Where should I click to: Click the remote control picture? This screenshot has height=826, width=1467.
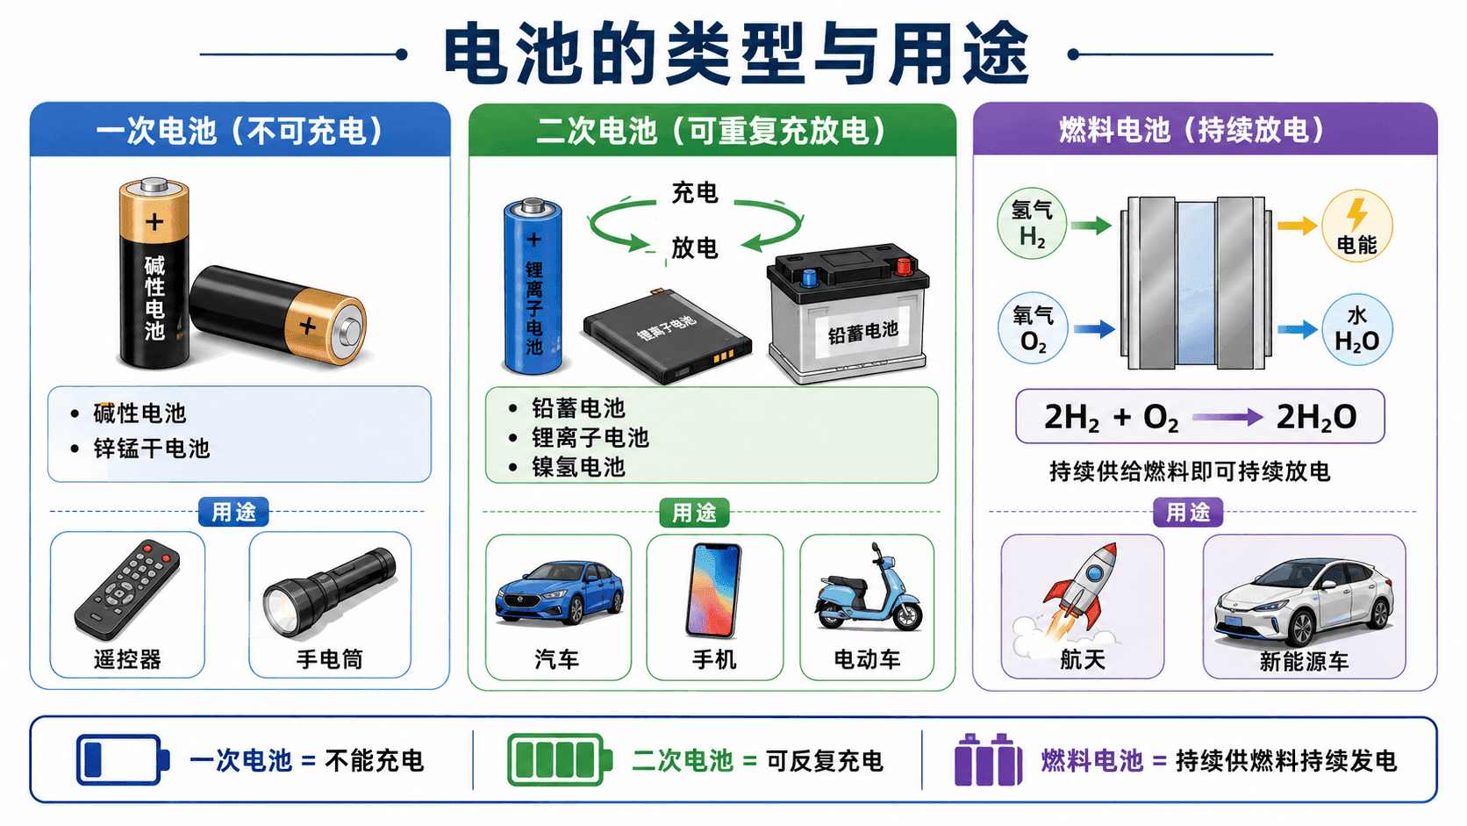[x=127, y=590]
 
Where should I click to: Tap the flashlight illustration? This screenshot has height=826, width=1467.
[x=329, y=592]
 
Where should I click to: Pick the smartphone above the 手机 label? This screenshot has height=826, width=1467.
[x=714, y=590]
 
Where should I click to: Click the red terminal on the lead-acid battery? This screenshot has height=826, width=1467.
[x=904, y=266]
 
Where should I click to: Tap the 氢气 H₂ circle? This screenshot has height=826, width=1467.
[x=1032, y=224]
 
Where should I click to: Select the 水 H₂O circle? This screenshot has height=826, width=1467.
[x=1357, y=329]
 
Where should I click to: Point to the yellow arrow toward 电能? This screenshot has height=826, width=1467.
[x=1298, y=226]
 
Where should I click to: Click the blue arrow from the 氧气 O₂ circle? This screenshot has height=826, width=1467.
[x=1094, y=329]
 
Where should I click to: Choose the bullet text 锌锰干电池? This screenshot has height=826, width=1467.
[x=151, y=449]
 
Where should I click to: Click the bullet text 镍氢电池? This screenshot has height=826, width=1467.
[x=578, y=467]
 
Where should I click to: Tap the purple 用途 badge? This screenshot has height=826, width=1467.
[x=1188, y=512]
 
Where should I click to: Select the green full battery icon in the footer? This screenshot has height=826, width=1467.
[x=559, y=760]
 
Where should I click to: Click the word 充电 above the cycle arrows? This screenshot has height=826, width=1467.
[x=695, y=192]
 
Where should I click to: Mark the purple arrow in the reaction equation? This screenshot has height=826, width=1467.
[x=1227, y=417]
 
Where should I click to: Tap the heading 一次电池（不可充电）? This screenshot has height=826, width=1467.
[x=240, y=131]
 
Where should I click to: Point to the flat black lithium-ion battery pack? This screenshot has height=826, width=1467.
[x=667, y=336]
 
